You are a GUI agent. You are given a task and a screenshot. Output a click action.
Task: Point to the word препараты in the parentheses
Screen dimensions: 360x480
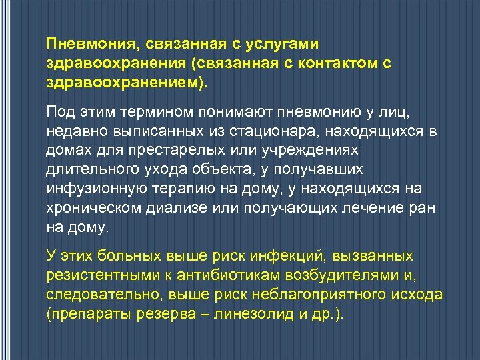pos(85,315)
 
